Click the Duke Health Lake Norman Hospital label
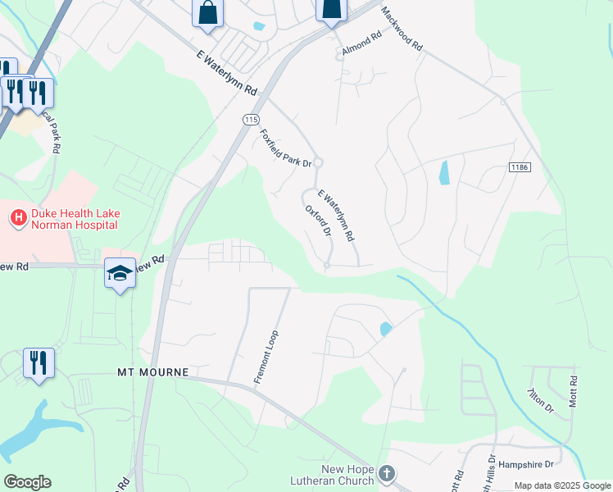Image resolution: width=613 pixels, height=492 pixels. (75, 219)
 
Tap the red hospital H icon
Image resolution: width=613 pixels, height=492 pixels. (17, 218)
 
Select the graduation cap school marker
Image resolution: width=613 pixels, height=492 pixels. (120, 274)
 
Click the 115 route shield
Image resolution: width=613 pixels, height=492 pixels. (251, 120)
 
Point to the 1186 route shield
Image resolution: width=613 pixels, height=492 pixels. (518, 167)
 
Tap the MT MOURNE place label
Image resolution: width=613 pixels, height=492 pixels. (154, 372)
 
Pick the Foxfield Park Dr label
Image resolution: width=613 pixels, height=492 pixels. (287, 148)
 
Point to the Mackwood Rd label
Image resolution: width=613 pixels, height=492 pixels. (402, 31)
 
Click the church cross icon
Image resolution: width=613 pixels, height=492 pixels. (387, 473)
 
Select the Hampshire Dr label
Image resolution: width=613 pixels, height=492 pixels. (527, 464)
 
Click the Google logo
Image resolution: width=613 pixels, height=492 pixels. (27, 482)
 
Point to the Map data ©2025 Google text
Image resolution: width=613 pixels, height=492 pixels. (561, 485)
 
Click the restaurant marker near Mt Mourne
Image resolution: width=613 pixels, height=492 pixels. (39, 362)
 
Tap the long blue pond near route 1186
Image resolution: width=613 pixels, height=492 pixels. (444, 172)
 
